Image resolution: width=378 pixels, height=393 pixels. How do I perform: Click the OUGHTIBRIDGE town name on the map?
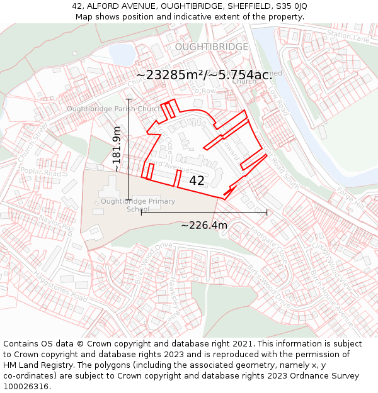coord(212,47)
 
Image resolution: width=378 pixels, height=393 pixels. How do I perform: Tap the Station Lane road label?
coord(348,37)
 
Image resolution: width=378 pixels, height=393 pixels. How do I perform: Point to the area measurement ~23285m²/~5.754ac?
coord(204,75)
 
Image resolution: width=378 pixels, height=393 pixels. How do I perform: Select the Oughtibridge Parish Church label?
coord(114,109)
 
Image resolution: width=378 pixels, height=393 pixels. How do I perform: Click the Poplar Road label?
coord(40,172)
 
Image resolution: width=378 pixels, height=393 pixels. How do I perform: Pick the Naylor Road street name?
coord(57,224)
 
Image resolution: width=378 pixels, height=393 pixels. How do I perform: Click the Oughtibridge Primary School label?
coord(138,204)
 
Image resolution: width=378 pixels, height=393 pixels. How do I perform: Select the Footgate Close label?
coord(272,246)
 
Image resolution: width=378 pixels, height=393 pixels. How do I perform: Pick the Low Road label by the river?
coord(278,101)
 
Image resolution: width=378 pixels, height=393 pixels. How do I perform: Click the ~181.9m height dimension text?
coord(117,150)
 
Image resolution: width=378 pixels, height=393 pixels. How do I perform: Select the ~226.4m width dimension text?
coord(204,225)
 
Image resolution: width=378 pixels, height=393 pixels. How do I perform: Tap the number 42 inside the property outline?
coord(197,180)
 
